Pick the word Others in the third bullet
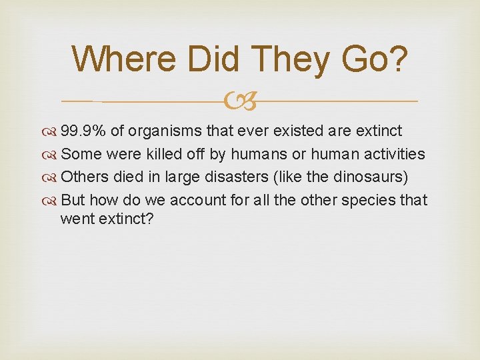pyautogui.click(x=83, y=177)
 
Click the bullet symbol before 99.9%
pyautogui.click(x=52, y=131)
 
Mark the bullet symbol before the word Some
pyautogui.click(x=52, y=154)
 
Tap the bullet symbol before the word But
pyautogui.click(x=52, y=201)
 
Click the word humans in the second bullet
pyautogui.click(x=256, y=153)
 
